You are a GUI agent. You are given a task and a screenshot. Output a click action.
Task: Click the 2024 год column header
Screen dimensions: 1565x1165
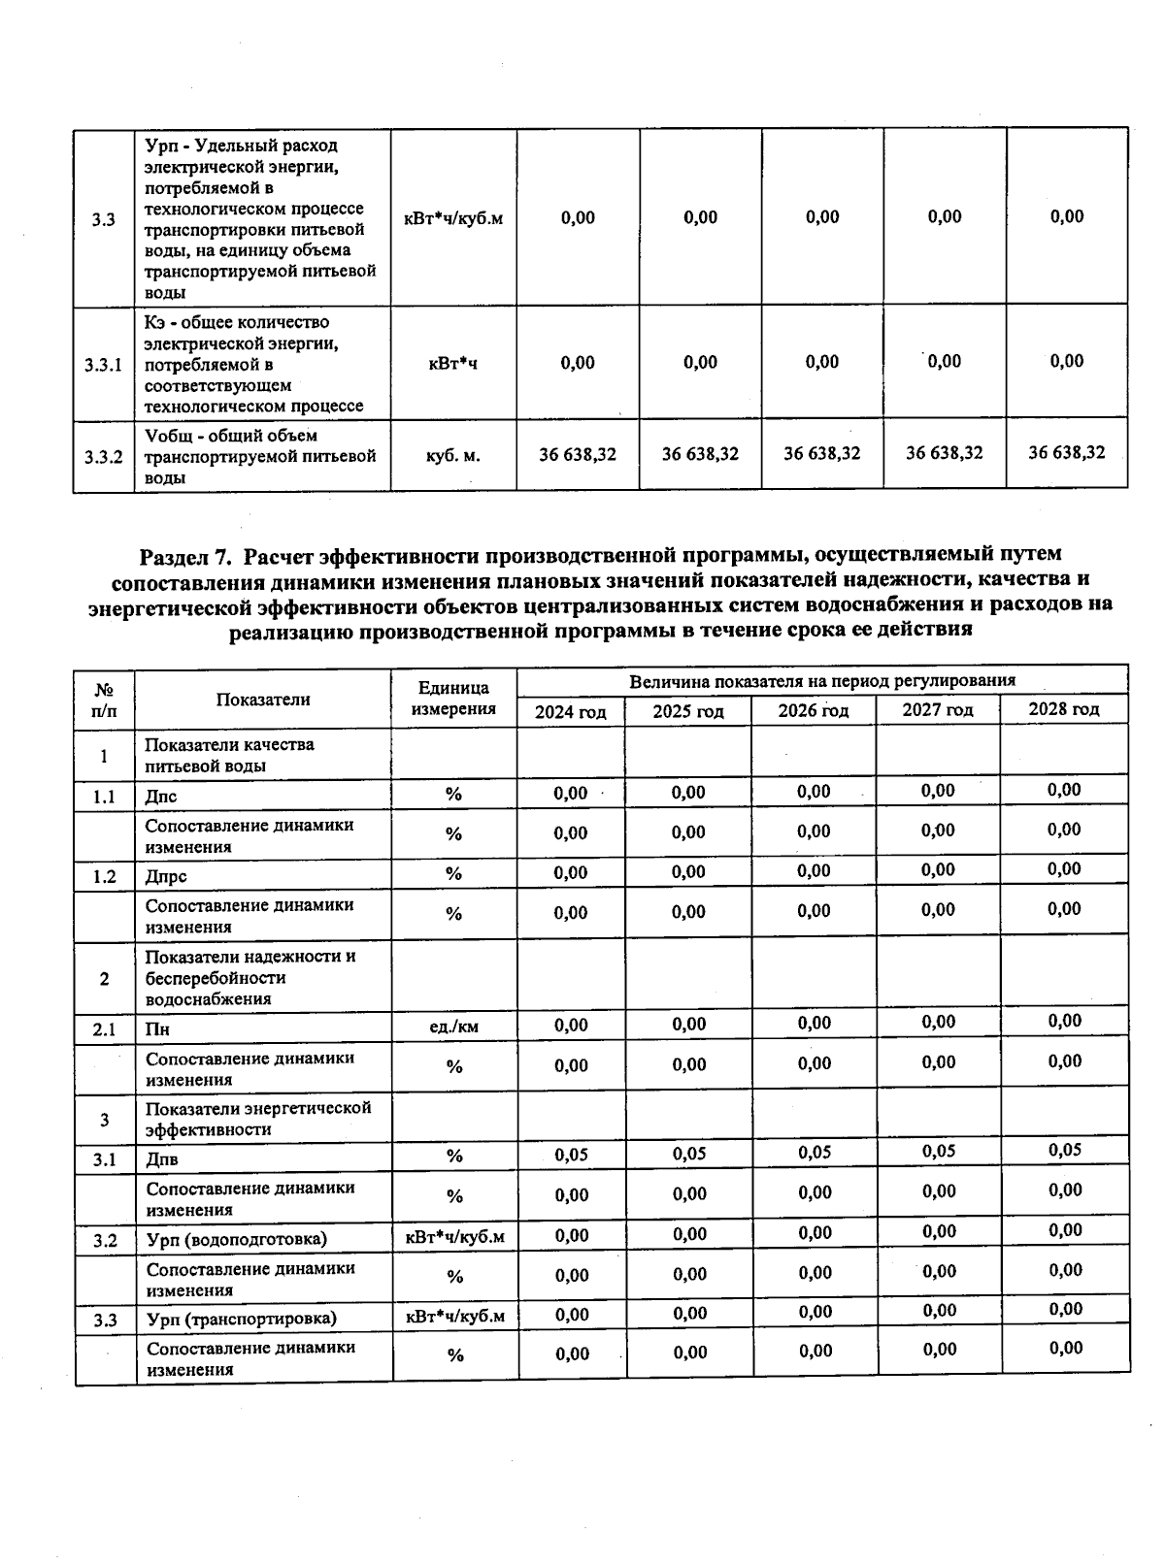pyautogui.click(x=571, y=712)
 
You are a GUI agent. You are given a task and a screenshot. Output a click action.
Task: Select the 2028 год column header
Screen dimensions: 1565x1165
pyautogui.click(x=1064, y=709)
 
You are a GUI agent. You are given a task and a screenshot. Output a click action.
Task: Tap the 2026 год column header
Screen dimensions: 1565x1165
pyautogui.click(x=814, y=711)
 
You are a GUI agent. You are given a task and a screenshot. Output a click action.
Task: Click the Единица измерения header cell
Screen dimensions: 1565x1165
pyautogui.click(x=453, y=699)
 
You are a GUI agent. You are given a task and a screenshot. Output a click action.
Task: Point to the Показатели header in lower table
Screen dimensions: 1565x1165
pyautogui.click(x=263, y=700)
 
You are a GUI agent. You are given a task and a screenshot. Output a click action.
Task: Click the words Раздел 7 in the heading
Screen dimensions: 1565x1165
pyautogui.click(x=185, y=556)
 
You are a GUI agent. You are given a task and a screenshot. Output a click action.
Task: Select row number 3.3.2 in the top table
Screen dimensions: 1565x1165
pyautogui.click(x=103, y=456)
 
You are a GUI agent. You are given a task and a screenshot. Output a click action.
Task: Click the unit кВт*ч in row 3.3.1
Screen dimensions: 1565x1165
pyautogui.click(x=453, y=364)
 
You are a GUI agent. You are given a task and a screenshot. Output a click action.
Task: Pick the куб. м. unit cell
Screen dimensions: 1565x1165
pyautogui.click(x=453, y=455)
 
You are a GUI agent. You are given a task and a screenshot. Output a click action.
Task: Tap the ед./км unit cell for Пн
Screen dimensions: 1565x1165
pyautogui.click(x=453, y=1026)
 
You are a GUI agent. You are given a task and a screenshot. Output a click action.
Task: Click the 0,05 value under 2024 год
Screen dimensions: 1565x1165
pyautogui.click(x=572, y=1155)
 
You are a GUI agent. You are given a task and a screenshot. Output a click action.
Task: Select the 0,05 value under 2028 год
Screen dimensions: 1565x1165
pyautogui.click(x=1065, y=1150)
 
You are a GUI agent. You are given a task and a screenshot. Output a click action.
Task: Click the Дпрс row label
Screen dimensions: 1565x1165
pyautogui.click(x=166, y=876)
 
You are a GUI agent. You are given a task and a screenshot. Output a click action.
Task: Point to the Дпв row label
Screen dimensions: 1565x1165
pyautogui.click(x=162, y=1158)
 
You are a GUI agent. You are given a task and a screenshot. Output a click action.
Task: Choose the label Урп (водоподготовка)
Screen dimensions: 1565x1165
pyautogui.click(x=237, y=1239)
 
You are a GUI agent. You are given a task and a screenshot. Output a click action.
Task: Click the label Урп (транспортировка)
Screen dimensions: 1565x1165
pyautogui.click(x=242, y=1319)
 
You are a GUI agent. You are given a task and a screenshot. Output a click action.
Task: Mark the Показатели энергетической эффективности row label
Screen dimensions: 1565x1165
pyautogui.click(x=258, y=1119)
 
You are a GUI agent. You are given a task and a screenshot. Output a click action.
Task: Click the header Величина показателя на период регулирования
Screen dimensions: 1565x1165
pyautogui.click(x=822, y=681)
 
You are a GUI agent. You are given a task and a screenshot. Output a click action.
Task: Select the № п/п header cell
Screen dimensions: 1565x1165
pyautogui.click(x=104, y=700)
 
